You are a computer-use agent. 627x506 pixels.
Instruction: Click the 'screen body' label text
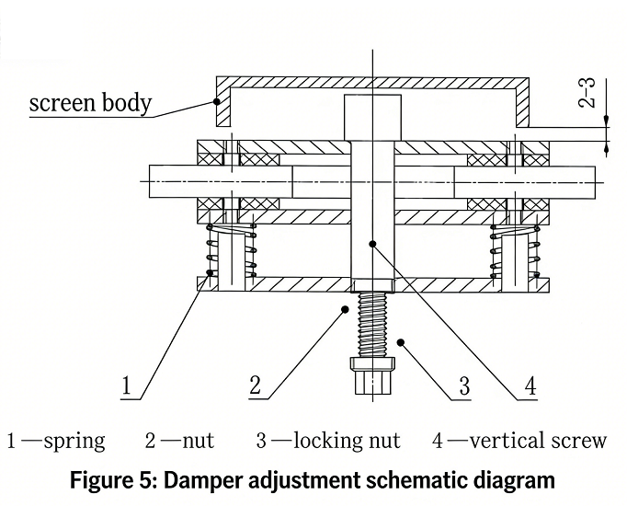(x=90, y=101)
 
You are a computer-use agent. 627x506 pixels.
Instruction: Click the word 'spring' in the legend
(x=74, y=441)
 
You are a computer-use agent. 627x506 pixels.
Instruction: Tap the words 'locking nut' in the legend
(x=347, y=441)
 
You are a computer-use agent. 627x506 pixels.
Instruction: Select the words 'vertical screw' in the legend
(x=538, y=441)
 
